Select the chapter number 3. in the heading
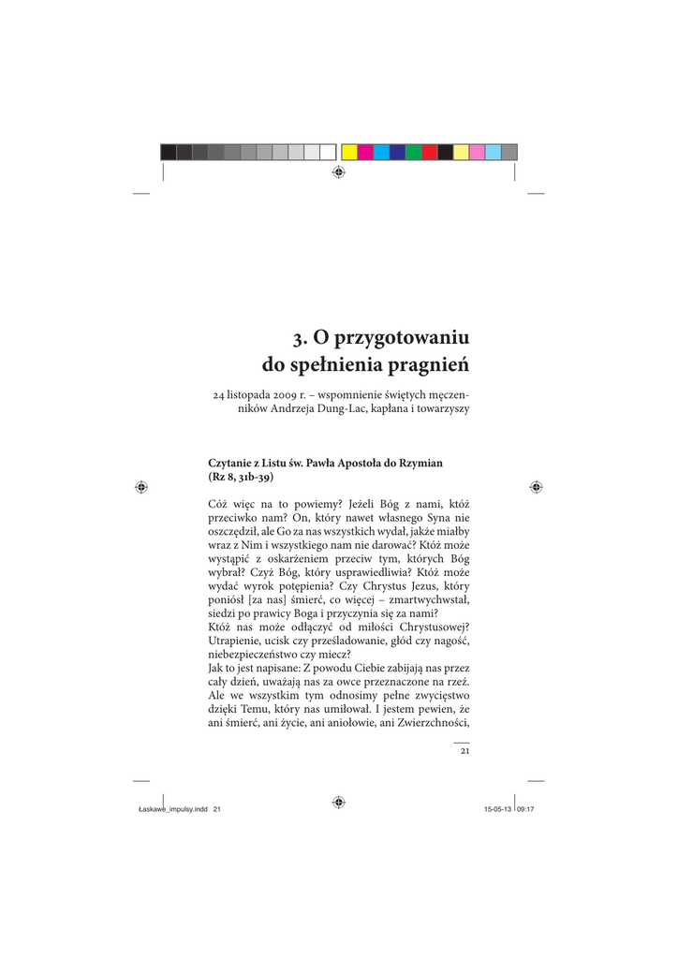click(298, 336)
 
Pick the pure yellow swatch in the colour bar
click(349, 152)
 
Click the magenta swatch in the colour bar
click(365, 152)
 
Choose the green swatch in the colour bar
click(413, 152)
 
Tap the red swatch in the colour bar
click(429, 152)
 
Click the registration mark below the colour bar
click(338, 173)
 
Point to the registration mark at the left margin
click(140, 487)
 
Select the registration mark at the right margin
click(536, 487)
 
